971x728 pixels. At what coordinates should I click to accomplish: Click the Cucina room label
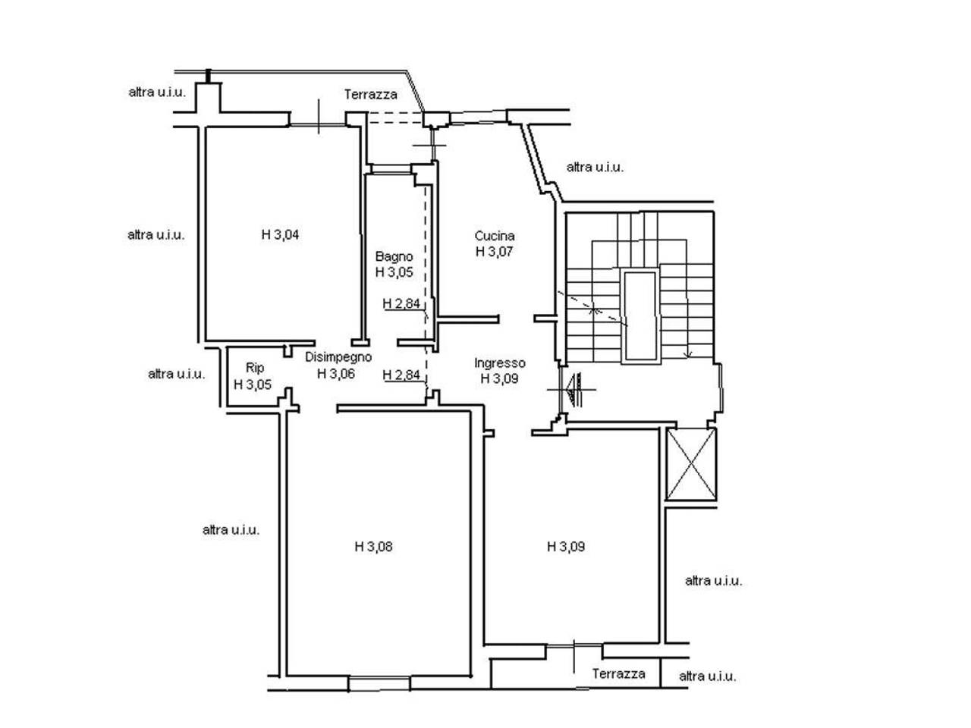(494, 236)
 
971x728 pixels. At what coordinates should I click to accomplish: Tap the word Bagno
(394, 257)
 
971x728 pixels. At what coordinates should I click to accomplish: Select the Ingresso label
(499, 363)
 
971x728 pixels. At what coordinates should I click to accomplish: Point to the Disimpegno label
(338, 357)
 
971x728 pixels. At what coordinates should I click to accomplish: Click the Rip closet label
(255, 368)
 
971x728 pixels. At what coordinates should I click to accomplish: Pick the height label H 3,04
(280, 235)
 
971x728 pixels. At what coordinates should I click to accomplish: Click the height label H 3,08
(373, 547)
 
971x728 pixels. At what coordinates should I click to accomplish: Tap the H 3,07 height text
(494, 252)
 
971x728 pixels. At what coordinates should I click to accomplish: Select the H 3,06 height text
(336, 374)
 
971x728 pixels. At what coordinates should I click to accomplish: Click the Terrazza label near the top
(371, 94)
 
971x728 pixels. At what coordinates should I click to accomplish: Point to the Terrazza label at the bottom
(618, 673)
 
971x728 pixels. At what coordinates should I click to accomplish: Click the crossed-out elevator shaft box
(690, 463)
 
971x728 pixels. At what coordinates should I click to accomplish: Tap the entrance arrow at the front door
(573, 390)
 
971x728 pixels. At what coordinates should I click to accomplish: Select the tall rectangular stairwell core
(639, 316)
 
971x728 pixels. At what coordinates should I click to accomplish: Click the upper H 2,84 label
(401, 303)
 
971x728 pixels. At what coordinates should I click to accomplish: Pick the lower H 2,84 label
(401, 375)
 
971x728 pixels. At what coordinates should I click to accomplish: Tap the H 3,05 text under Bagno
(394, 272)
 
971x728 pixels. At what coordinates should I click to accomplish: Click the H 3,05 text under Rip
(252, 384)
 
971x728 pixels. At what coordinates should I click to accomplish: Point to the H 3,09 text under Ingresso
(499, 379)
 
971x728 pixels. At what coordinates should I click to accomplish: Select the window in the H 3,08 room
(379, 683)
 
